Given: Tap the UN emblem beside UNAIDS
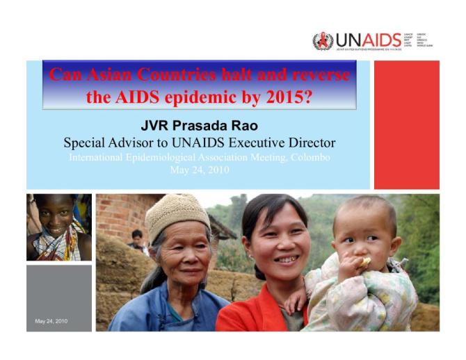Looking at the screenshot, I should pyautogui.click(x=323, y=40).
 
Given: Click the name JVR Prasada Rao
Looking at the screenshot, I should pyautogui.click(x=200, y=126).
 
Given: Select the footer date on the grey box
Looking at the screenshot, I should pyautogui.click(x=51, y=321).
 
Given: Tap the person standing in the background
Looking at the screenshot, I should pyautogui.click(x=137, y=240).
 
